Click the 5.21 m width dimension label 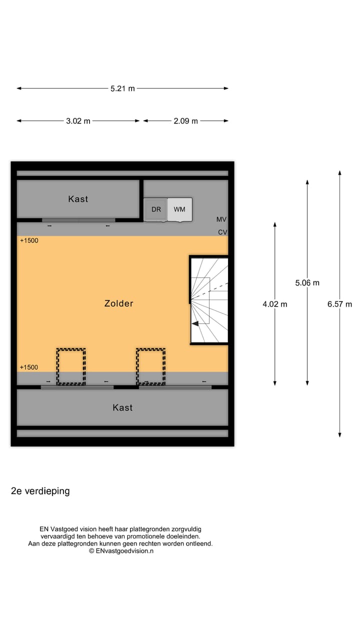tap(122, 88)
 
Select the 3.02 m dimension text tap(78, 121)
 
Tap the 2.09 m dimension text tap(185, 121)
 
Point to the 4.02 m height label tap(275, 304)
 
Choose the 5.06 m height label tap(307, 283)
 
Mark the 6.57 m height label tap(340, 304)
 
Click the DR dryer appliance tap(156, 209)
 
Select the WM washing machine tap(179, 209)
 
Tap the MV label tap(221, 219)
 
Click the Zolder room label tap(119, 303)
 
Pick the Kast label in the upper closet tap(78, 199)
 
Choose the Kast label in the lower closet tap(122, 407)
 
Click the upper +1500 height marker tap(29, 240)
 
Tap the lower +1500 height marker tap(29, 367)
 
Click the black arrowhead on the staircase tap(195, 323)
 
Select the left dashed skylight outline tap(71, 366)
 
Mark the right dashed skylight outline tap(150, 366)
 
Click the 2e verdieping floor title tap(40, 491)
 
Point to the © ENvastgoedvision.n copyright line tap(121, 550)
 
